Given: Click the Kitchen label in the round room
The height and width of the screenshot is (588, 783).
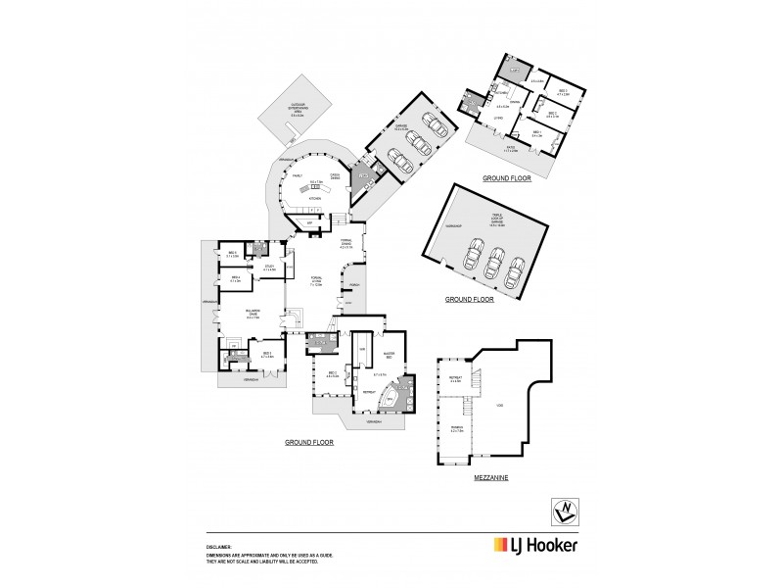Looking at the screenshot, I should [314, 197].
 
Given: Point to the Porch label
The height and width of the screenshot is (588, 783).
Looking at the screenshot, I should [354, 285].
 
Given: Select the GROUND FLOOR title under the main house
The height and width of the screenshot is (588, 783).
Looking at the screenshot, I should [309, 443].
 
